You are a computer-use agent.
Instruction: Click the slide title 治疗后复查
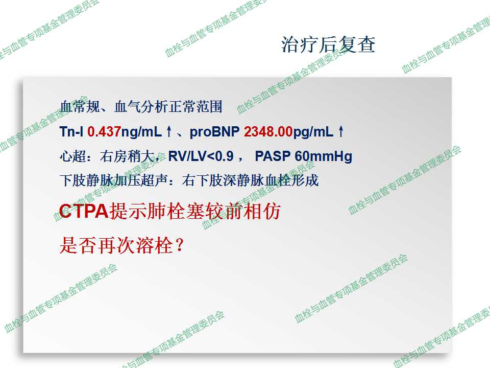pos(328,44)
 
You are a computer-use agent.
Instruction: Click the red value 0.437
pos(104,131)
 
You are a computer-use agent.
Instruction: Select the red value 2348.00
pos(268,131)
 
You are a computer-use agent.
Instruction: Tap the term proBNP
pos(214,132)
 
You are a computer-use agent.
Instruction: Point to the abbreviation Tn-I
pos(71,131)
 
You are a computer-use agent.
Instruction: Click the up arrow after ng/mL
pos(169,131)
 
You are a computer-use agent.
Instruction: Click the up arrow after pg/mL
pos(341,131)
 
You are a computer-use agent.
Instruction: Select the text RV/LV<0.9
pos(201,156)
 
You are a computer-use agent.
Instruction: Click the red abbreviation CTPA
pos(83,211)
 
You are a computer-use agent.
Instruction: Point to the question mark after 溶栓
pos(179,245)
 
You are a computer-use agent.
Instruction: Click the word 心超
pos(72,156)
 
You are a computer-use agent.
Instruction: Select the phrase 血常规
pos(80,106)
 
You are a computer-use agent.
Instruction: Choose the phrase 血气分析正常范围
pos(168,106)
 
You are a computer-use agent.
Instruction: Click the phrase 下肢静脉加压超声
pos(114,180)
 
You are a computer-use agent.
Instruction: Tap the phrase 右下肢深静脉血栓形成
pos(250,180)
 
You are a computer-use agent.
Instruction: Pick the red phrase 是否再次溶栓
pos(116,245)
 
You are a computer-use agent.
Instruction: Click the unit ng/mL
pos(141,132)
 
